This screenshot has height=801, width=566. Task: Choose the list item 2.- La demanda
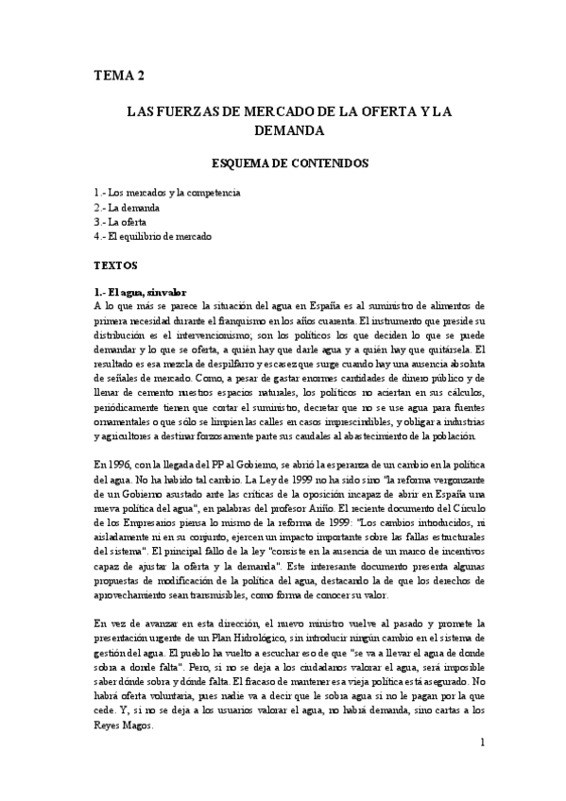(127, 207)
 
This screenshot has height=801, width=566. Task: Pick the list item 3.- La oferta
(120, 221)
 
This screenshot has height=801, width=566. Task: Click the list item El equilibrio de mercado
(160, 235)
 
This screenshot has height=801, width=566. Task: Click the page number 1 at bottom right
(482, 743)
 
